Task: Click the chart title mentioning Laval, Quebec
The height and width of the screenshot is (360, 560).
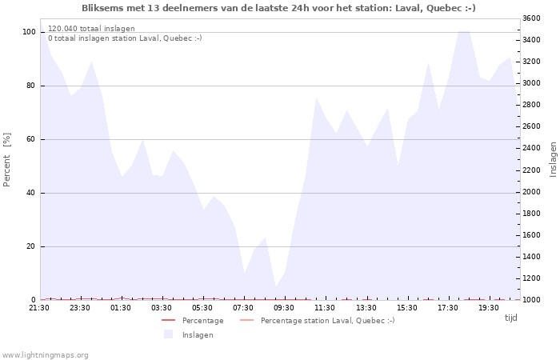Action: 278,8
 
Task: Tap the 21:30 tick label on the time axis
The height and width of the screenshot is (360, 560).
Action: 39,308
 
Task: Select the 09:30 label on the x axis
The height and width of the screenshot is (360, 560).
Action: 284,308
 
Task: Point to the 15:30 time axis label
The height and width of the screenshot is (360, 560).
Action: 406,308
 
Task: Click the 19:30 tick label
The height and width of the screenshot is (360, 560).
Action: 489,308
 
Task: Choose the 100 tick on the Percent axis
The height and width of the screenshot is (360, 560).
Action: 29,32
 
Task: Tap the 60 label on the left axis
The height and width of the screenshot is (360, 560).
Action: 31,139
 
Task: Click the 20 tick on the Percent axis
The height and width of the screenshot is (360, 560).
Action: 31,246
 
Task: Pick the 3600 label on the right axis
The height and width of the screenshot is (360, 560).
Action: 531,18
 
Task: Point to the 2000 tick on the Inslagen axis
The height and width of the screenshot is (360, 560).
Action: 531,192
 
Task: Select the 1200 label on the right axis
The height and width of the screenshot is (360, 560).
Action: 531,278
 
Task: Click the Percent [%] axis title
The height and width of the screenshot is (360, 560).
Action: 6,160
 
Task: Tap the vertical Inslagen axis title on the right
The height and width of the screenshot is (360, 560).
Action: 554,159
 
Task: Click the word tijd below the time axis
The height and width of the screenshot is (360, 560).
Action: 511,318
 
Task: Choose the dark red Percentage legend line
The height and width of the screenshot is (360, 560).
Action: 169,320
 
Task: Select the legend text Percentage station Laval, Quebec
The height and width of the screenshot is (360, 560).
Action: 327,320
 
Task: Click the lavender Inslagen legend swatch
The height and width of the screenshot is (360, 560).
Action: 169,334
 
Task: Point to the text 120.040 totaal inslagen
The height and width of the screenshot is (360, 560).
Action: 91,29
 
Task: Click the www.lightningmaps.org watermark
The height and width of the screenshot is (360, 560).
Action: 45,355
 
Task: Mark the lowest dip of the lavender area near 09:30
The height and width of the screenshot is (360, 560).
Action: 276,286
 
